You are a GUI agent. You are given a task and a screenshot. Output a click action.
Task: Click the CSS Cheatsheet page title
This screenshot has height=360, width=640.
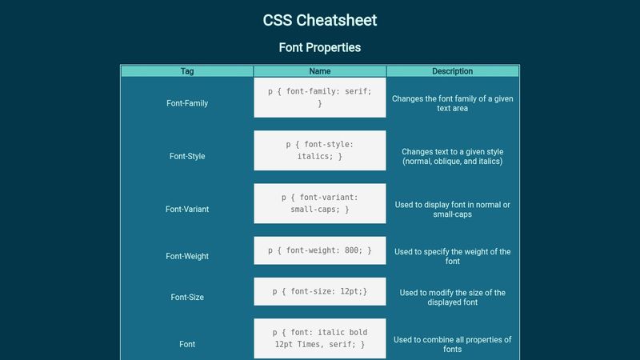[x=319, y=20]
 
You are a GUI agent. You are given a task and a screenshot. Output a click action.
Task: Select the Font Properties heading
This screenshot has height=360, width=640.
[x=319, y=47]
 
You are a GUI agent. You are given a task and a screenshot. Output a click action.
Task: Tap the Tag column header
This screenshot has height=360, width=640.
[x=187, y=71]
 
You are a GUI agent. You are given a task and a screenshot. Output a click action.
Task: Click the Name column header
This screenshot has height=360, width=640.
[x=320, y=71]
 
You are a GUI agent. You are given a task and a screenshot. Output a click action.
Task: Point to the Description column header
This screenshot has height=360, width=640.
[x=452, y=71]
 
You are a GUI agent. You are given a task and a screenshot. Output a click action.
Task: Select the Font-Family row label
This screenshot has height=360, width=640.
[x=187, y=103]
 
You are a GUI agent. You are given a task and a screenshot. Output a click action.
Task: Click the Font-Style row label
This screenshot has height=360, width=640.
[x=187, y=156]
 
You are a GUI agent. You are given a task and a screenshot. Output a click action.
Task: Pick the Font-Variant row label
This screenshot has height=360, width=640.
[x=187, y=210]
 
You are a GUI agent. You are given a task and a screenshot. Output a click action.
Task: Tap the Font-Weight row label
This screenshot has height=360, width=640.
[x=187, y=256]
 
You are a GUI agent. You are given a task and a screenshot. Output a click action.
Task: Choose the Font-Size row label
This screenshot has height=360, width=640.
[x=187, y=297]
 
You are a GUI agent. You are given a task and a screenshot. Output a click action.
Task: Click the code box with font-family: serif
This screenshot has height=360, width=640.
[x=320, y=98]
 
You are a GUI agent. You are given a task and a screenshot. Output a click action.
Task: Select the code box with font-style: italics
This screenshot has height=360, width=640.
[x=320, y=150]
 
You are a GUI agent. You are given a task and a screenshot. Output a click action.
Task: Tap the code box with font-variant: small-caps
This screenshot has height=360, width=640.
[x=320, y=203]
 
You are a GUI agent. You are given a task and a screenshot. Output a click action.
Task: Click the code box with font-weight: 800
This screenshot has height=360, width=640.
[x=320, y=250]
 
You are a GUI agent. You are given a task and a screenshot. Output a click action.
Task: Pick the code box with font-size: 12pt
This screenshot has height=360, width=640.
[x=320, y=291]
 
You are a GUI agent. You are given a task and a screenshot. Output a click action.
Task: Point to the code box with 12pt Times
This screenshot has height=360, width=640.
[x=320, y=338]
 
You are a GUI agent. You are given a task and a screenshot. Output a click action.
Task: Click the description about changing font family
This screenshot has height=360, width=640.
[x=453, y=103]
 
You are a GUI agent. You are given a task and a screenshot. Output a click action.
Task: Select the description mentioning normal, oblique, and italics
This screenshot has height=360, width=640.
[x=453, y=156]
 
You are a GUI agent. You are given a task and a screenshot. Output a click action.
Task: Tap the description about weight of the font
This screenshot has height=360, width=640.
[x=453, y=256]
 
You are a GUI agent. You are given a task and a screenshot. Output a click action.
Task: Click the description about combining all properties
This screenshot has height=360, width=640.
[x=453, y=344]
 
